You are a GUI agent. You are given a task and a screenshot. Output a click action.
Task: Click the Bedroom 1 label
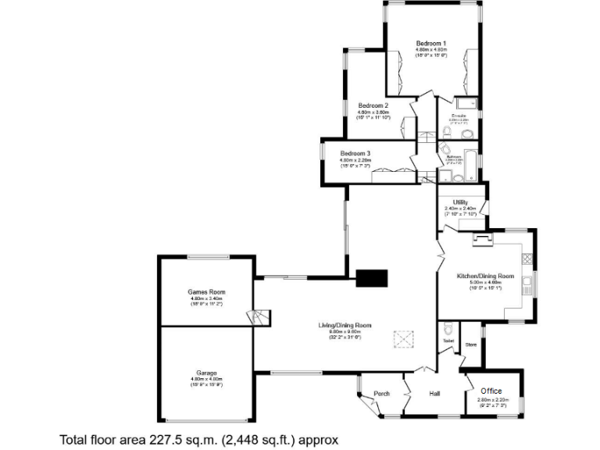431,43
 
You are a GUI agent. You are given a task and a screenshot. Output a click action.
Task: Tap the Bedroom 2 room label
373,105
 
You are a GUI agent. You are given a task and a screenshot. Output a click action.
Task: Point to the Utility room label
459,202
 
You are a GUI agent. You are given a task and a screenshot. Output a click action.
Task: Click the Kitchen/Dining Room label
485,276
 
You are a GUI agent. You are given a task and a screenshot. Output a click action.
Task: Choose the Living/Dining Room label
345,325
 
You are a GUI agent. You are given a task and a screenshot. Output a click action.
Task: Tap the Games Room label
206,292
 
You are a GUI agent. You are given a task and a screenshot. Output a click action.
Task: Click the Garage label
206,373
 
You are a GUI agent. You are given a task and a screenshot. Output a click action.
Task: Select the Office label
491,391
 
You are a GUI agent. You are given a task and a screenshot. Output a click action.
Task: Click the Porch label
382,393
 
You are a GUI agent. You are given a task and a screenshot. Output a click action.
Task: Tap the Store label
470,344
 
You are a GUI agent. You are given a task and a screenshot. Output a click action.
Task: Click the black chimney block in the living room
371,277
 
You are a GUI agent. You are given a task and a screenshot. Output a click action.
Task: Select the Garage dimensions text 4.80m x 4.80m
206,380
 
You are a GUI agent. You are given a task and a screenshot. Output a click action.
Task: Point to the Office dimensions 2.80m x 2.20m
492,399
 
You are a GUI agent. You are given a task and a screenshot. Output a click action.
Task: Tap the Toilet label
448,341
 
